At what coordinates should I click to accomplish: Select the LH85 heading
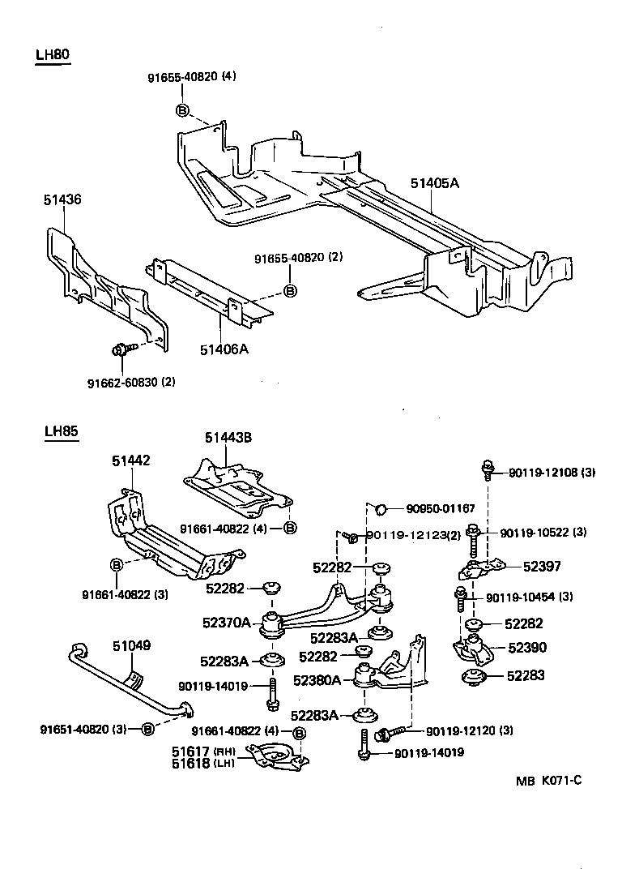[x=62, y=431]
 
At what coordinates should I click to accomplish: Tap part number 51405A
[x=434, y=183]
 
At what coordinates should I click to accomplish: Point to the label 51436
[x=62, y=199]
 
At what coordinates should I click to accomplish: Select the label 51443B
[x=228, y=437]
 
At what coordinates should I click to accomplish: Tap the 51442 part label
[x=131, y=460]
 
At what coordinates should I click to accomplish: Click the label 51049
[x=131, y=645]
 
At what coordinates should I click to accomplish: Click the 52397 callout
[x=542, y=567]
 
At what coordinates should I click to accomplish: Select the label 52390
[x=527, y=648]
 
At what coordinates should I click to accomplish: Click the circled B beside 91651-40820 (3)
[x=147, y=729]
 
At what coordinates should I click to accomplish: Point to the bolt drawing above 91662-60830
[x=121, y=350]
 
